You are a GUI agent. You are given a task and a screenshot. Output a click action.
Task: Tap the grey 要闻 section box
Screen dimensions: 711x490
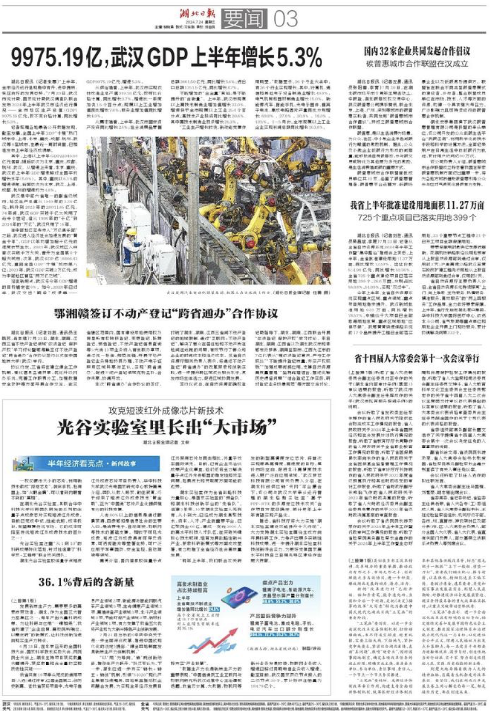tap(244, 19)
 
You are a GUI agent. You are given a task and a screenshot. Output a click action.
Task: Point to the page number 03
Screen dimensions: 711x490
tap(285, 19)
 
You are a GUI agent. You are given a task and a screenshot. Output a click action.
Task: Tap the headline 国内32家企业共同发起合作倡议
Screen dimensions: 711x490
tap(417, 51)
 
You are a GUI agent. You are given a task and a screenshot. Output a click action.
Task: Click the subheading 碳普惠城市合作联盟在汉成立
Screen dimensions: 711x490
tap(417, 63)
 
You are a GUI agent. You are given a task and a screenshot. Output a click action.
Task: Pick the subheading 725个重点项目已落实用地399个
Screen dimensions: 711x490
tap(417, 217)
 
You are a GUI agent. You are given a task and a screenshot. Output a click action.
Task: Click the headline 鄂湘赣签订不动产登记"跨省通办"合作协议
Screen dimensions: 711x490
tap(166, 314)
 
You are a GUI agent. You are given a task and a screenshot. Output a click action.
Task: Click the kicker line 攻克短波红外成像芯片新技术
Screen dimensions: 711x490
tap(166, 411)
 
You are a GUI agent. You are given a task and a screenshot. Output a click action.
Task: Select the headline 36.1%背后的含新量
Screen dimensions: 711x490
tap(86, 581)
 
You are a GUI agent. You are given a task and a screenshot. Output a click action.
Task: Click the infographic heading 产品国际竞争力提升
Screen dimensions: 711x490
tap(273, 616)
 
